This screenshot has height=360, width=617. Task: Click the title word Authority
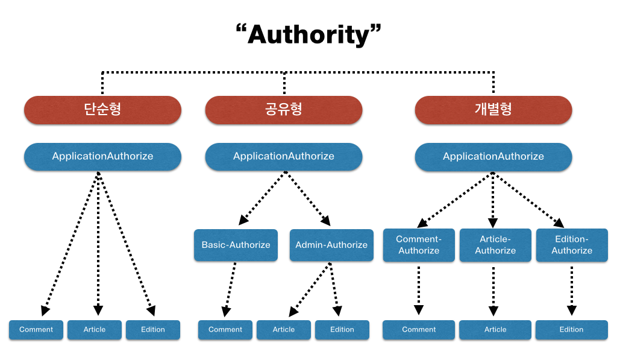pos(308,35)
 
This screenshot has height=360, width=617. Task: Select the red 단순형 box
pos(102,110)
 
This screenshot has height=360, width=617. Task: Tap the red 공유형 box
pos(284,110)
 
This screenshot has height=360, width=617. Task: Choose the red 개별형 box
pos(493,110)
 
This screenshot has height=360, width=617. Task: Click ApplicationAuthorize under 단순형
pos(102,156)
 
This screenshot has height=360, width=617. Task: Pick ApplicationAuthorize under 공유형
pos(284,156)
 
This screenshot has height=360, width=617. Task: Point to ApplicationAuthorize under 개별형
pos(493,156)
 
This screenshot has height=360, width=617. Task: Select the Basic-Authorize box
pos(236,245)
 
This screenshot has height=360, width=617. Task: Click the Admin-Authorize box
pos(331,245)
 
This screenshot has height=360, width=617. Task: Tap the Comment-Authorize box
pos(419,245)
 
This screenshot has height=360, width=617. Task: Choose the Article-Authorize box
pos(495,245)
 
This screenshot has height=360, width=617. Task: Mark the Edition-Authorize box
pos(572,245)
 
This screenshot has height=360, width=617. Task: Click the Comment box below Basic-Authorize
pos(225,330)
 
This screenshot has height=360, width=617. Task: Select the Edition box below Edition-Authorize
pos(571,330)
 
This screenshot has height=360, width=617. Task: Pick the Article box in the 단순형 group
pos(95,330)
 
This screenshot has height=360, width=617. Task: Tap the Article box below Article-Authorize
pos(495,330)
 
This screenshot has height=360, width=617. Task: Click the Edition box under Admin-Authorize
pos(342,330)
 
